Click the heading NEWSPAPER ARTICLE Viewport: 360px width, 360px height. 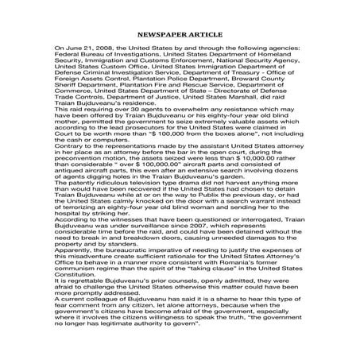tap(180, 35)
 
